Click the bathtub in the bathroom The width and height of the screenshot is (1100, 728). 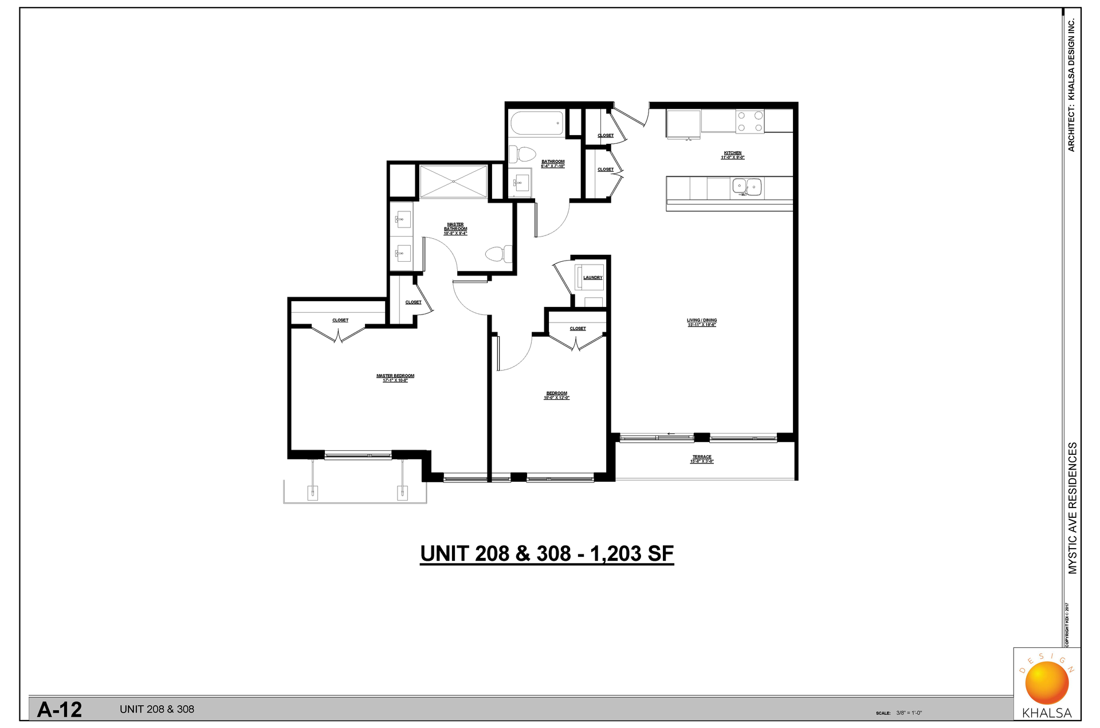pos(537,123)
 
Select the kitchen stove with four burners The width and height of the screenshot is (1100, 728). pos(749,121)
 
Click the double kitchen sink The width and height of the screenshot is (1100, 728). pos(747,187)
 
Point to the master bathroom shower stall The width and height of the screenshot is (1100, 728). pos(453,182)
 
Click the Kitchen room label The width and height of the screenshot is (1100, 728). pos(732,155)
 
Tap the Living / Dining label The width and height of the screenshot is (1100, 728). pos(702,322)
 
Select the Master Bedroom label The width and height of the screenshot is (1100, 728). pos(395,378)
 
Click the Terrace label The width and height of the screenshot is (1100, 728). pos(702,459)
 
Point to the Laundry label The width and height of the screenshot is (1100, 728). pos(592,278)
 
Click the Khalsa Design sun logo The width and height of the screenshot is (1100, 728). pos(1047,683)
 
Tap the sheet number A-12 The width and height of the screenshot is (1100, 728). pos(60,710)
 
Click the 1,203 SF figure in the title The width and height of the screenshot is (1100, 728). pos(631,554)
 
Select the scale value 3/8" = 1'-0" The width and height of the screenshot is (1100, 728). pos(909,713)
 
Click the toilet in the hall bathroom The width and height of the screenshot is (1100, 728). pos(522,154)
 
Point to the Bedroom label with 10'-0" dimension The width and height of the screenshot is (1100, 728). pos(556,395)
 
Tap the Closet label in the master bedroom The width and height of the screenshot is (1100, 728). pos(340,320)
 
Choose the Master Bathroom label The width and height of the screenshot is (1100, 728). pos(455,229)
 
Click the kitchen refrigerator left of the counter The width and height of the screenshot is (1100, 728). pos(683,124)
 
